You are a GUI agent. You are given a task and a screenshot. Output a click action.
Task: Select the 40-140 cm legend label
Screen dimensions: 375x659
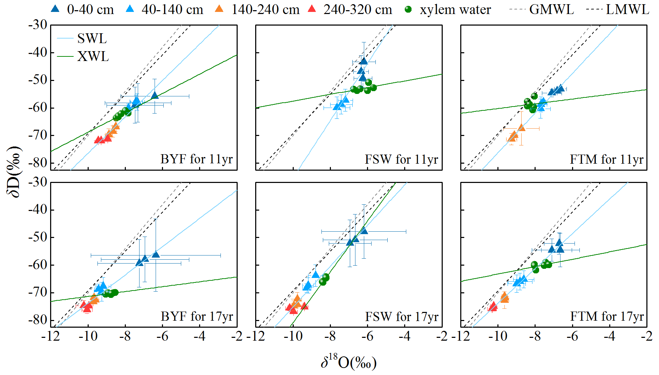[172, 9]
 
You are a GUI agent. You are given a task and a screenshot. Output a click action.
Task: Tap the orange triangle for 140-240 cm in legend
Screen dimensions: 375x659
[219, 9]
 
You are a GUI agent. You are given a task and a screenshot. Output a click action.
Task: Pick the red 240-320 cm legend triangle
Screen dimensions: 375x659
[312, 9]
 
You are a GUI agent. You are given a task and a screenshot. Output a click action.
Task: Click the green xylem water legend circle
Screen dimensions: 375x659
[408, 9]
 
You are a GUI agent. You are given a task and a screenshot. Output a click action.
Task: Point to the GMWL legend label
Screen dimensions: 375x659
[551, 9]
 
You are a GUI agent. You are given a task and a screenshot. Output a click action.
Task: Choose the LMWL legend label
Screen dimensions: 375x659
[627, 9]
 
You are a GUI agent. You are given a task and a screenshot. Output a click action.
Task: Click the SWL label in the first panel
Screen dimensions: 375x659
[92, 39]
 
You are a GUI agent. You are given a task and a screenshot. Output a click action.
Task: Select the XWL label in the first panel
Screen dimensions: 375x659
[93, 56]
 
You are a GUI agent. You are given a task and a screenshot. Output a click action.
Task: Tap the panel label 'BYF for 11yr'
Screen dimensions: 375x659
[197, 159]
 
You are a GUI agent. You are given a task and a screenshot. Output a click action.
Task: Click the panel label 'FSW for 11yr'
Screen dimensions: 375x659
[401, 159]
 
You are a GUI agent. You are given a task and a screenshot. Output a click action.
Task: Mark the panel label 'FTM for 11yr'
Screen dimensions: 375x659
[606, 159]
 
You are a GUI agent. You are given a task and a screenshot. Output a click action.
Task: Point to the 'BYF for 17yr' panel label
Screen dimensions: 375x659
[197, 316]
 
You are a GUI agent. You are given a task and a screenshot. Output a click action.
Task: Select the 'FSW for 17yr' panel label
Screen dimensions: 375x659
[402, 317]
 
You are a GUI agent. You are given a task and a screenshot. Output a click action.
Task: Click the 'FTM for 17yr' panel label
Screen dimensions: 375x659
[607, 316]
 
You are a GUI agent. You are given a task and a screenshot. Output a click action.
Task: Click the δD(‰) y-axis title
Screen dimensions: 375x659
[15, 172]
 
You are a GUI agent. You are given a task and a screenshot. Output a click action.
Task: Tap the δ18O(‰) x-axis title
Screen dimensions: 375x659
[348, 362]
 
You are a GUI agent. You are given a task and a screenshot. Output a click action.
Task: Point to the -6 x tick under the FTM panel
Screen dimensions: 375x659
[572, 336]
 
